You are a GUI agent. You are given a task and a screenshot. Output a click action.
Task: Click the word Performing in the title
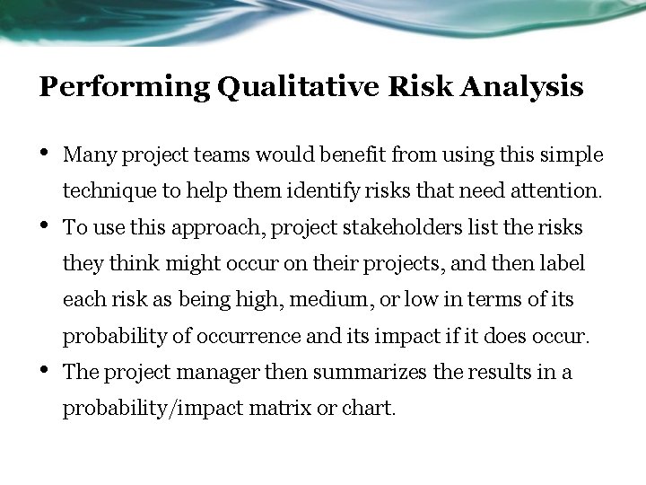pyautogui.click(x=124, y=88)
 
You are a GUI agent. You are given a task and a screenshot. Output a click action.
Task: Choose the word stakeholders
pyautogui.click(x=402, y=227)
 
